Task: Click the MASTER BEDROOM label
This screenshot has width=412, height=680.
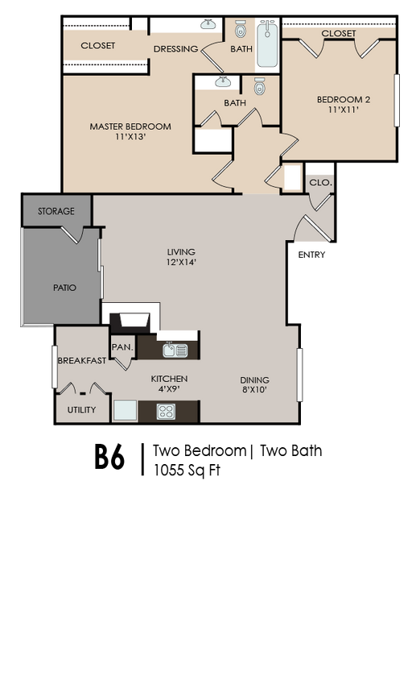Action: (130, 126)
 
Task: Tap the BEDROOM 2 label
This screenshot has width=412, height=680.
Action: (343, 100)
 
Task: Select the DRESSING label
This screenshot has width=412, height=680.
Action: (175, 49)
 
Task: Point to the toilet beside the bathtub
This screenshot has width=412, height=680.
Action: (241, 31)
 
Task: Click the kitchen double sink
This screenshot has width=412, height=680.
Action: (175, 350)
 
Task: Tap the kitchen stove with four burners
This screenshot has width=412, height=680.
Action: (167, 411)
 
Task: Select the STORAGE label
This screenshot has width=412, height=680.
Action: (56, 211)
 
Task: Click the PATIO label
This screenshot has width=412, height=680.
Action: (64, 288)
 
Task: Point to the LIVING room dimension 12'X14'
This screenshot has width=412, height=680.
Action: (181, 262)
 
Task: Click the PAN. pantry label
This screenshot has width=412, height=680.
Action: (122, 347)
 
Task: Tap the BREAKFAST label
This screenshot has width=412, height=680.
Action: (81, 361)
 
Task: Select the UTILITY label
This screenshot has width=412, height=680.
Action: (81, 410)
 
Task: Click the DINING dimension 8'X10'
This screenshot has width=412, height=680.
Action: (254, 390)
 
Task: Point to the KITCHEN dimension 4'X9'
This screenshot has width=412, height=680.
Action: (169, 389)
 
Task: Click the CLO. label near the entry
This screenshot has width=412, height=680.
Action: (319, 183)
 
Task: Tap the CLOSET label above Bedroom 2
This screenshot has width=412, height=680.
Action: (338, 34)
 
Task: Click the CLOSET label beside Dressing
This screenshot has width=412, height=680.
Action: (97, 46)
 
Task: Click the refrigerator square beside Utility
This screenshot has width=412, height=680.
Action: (125, 411)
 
